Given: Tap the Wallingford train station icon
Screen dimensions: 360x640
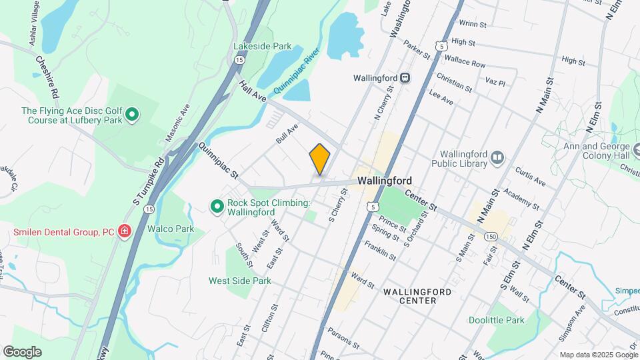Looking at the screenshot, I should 405,78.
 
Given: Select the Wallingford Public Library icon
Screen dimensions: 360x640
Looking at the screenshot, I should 497,157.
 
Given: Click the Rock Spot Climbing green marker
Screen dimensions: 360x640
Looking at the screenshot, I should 217,207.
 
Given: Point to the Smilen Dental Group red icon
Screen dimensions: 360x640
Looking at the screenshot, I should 124,232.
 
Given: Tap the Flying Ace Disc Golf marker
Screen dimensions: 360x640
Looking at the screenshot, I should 132,115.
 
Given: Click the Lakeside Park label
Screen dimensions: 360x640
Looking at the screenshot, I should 262,47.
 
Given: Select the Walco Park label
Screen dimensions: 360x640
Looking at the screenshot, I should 170,229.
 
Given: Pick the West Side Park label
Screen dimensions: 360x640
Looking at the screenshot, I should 239,281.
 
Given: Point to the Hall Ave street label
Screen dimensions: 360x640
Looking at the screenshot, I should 253,92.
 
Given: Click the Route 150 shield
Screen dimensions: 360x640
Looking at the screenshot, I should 491,237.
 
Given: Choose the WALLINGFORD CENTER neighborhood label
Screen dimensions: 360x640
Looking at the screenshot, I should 417,296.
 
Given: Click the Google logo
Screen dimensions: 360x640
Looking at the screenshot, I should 22,352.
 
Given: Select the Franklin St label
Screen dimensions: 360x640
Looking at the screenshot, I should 381,251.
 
